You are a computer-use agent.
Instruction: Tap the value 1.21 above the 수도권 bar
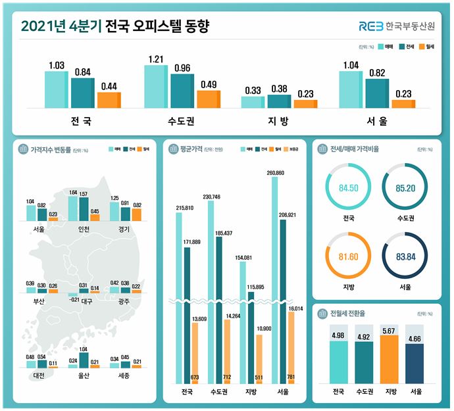coord(157,59)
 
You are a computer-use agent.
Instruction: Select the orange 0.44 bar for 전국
coord(109,100)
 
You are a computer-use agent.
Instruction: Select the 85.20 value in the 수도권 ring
coord(405,189)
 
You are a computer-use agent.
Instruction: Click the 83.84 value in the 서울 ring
coord(405,257)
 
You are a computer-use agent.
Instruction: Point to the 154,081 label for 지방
coord(243,257)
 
